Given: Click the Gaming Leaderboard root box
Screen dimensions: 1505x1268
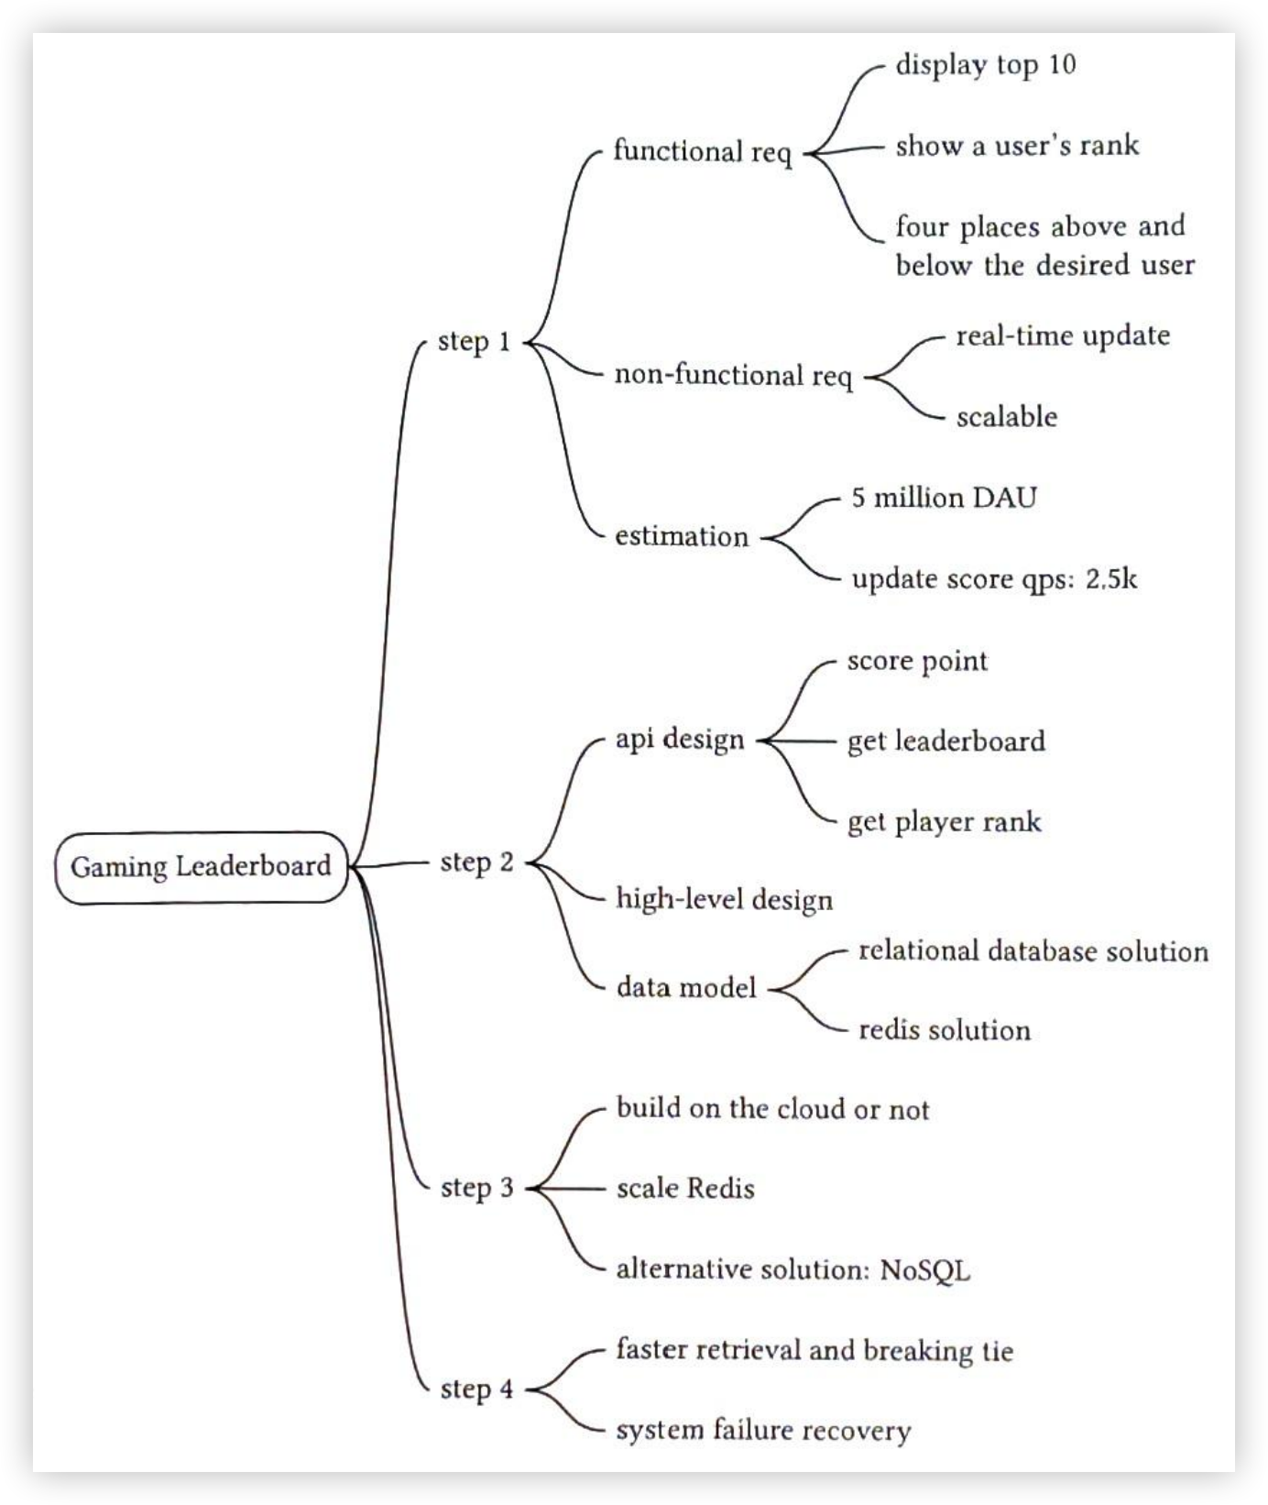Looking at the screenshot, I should point(201,866).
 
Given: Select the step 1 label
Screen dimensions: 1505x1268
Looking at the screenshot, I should point(474,341).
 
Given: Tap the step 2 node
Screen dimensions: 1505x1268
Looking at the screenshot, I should point(476,862).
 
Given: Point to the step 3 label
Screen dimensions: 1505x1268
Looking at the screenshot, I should point(476,1188).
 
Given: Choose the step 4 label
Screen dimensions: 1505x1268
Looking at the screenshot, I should point(476,1390).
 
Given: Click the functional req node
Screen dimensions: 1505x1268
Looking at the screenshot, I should point(702,151).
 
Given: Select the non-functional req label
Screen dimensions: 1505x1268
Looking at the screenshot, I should point(733,376).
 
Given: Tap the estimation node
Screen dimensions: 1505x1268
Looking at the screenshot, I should point(682,536).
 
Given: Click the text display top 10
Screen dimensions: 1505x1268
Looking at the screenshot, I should point(985,65).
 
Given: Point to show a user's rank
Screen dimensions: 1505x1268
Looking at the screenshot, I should point(1017,146).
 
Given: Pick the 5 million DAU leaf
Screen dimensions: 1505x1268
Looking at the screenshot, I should point(944,498).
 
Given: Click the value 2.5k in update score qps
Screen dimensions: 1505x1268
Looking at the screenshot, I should point(1111,579).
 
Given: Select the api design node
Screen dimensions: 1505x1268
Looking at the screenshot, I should point(680,740).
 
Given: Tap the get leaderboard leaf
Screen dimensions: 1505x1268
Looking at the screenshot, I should point(946,741).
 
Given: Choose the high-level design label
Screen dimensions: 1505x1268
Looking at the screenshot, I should point(725,899).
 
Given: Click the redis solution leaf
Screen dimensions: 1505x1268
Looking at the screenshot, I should point(945,1030).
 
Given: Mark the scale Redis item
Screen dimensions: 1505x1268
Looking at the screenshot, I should point(685,1189).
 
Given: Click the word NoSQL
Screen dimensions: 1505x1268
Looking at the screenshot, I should point(924,1270).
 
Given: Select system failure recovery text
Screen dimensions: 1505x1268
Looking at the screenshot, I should point(763,1431).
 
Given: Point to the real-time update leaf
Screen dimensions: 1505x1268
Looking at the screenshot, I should point(1063,336).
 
